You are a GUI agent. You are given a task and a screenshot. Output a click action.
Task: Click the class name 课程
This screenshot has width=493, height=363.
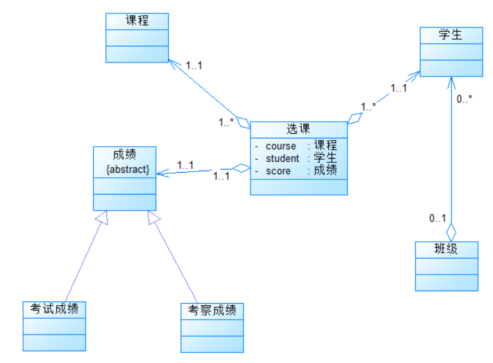point(137,21)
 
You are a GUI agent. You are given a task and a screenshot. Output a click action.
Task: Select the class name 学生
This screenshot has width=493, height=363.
point(450,35)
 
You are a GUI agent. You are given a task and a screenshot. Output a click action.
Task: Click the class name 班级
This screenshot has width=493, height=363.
point(446,249)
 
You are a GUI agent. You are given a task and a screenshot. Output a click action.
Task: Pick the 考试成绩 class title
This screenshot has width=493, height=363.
point(54,309)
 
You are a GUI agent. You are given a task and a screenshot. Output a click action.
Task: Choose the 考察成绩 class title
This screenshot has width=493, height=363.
point(212,311)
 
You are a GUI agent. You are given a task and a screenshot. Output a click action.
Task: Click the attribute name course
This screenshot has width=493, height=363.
point(280,146)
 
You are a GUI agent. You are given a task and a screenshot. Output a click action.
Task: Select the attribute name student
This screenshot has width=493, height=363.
point(282,159)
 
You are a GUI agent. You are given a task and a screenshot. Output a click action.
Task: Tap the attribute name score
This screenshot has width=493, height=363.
point(278,171)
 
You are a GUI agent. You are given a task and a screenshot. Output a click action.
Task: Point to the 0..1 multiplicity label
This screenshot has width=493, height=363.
point(437,218)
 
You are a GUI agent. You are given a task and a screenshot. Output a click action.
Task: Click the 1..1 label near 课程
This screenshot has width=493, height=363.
point(193,66)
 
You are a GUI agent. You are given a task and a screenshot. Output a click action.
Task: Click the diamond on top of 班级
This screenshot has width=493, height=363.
point(451,230)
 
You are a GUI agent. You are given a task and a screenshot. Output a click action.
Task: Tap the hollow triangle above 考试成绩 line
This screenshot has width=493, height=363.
point(102,218)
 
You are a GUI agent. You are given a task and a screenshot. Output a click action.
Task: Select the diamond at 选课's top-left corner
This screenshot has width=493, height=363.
point(244,123)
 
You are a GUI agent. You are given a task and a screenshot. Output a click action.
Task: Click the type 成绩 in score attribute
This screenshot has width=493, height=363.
point(325,171)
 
